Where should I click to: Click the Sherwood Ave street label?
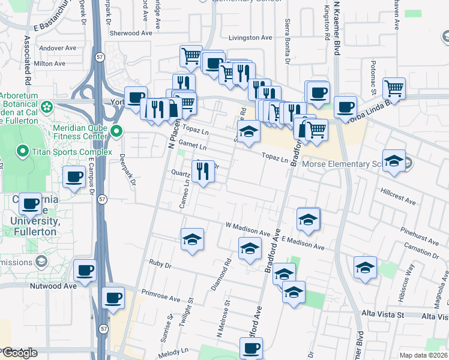(x=131, y=34)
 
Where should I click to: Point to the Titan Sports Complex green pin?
(x=23, y=152)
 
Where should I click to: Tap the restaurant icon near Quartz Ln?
(x=203, y=171)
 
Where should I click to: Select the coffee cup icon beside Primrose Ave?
(x=113, y=298)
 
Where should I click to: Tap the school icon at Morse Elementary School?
(x=394, y=161)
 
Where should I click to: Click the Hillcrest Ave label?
(x=398, y=199)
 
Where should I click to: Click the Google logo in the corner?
(x=19, y=353)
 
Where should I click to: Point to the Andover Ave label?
(x=57, y=48)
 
